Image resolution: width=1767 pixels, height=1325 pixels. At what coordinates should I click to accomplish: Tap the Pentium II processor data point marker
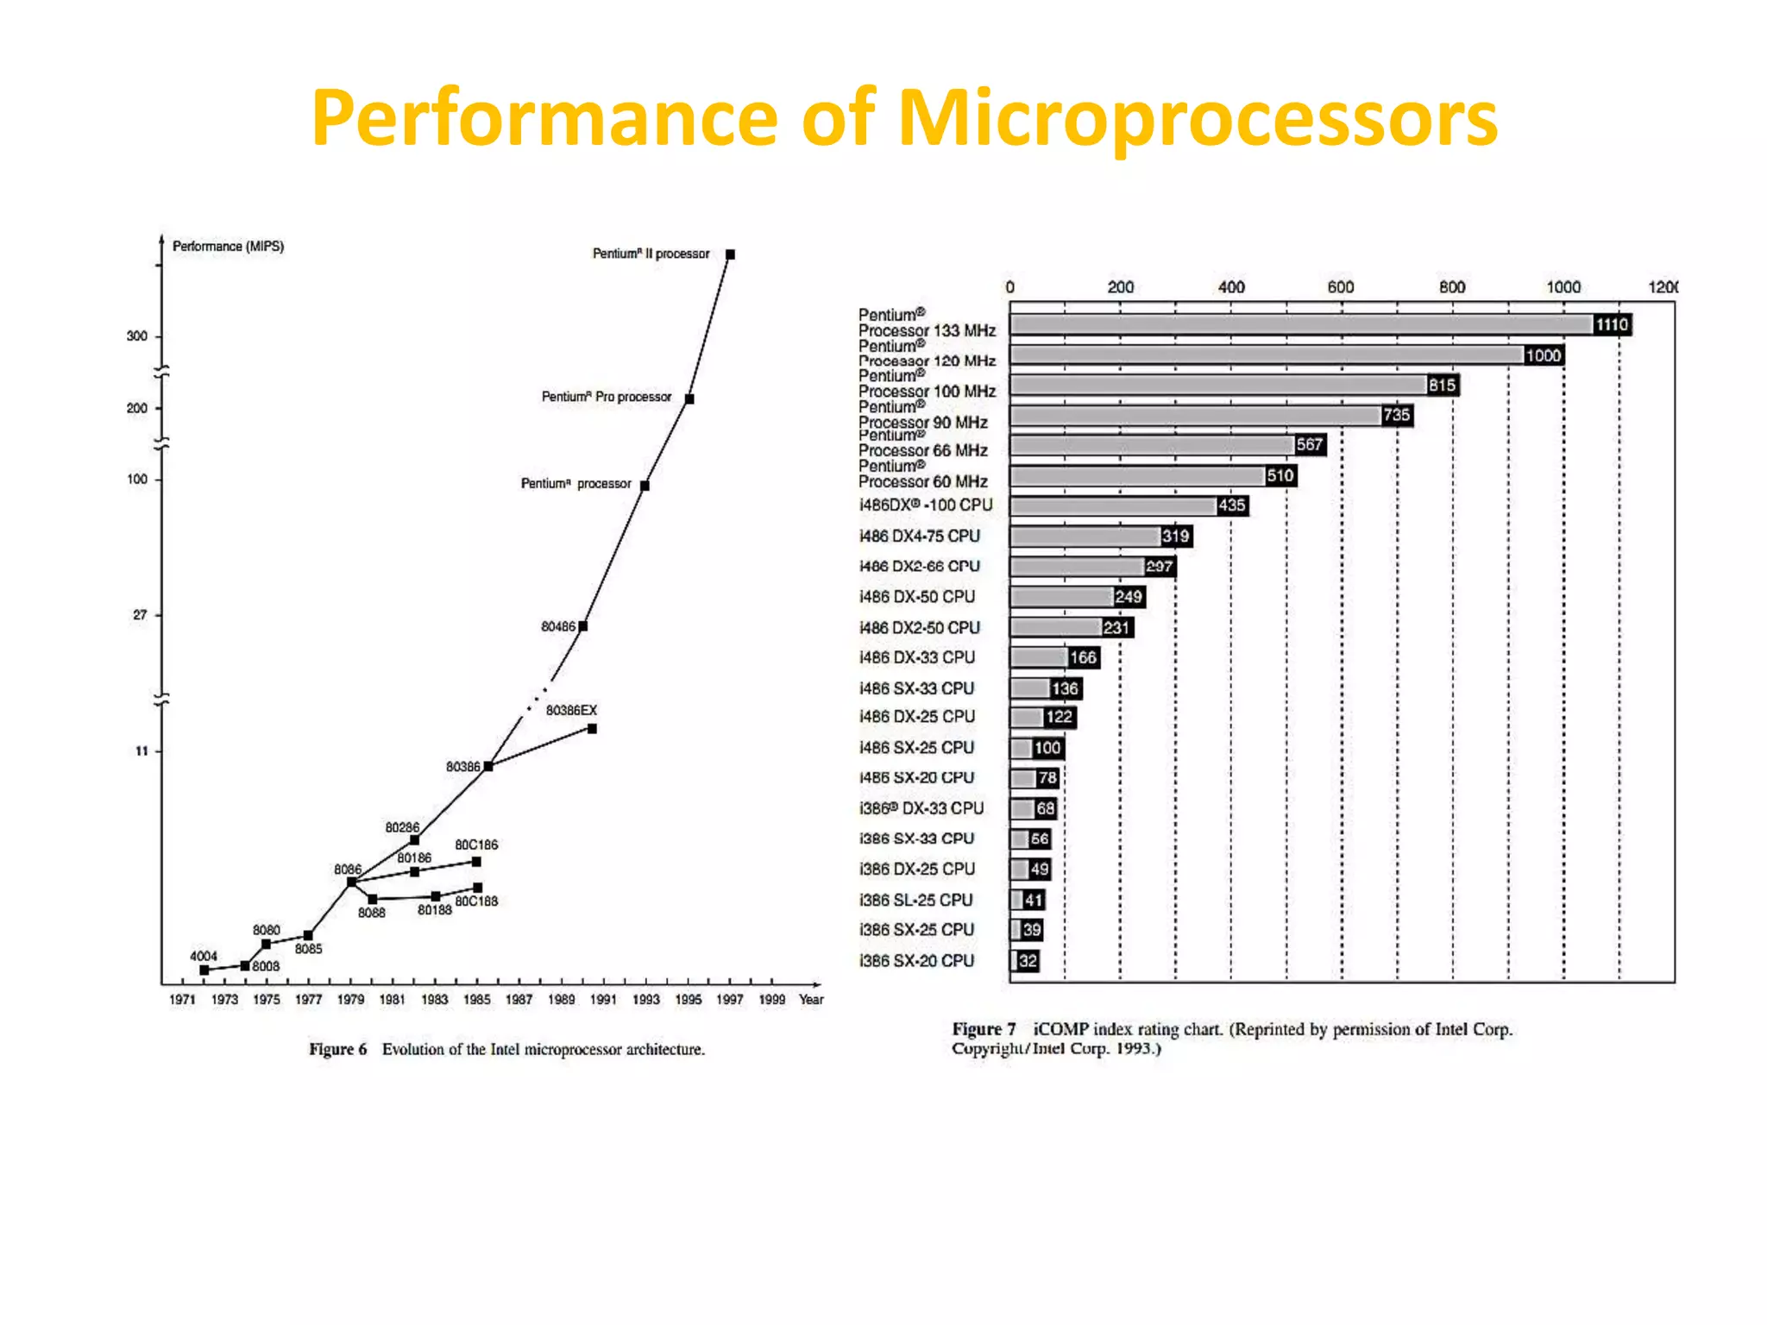pos(730,254)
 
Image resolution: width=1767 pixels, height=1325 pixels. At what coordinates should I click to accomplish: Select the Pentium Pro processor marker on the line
pos(689,399)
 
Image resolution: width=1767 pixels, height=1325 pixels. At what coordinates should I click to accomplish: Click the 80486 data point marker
pos(583,626)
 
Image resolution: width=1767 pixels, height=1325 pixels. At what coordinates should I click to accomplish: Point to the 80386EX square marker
pos(592,729)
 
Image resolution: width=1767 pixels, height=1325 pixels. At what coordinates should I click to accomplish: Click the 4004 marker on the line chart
pos(204,970)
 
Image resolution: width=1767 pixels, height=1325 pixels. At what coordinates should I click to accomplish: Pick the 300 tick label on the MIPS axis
pos(137,336)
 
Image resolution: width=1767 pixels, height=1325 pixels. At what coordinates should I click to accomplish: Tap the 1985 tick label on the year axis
pos(477,1000)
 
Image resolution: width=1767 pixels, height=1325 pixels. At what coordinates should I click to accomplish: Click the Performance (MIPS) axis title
pos(228,247)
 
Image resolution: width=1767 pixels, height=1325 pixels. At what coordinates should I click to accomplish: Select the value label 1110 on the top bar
pos(1612,325)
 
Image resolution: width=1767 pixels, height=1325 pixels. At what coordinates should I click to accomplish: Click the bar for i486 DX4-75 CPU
pos(1085,537)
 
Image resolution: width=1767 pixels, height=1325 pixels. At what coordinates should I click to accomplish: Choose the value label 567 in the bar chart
pos(1310,445)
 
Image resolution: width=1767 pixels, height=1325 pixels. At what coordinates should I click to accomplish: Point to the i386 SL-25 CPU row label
pos(916,900)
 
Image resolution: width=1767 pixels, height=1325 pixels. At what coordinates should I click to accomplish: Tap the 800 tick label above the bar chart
pos(1452,287)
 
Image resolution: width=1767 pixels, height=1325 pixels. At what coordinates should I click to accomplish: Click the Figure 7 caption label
pos(984,1029)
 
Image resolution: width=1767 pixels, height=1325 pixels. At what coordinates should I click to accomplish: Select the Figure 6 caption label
pos(338,1050)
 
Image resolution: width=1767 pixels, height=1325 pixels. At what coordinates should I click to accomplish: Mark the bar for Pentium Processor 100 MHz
pos(1218,386)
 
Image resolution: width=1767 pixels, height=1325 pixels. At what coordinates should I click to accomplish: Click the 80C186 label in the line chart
pos(476,845)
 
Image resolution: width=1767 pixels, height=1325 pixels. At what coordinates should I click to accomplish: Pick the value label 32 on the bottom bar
pos(1028,961)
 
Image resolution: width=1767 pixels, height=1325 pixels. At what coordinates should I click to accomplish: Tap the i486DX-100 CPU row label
pos(926,506)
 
